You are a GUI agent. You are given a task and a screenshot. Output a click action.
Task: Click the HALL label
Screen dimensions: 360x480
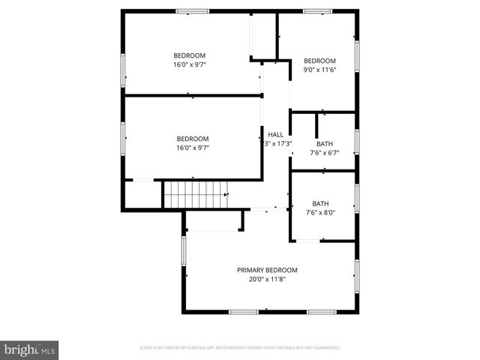(276, 134)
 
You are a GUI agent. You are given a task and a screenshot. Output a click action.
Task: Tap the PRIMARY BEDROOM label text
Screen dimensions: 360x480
(267, 270)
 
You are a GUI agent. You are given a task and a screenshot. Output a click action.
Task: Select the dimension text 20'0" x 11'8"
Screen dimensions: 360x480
(267, 279)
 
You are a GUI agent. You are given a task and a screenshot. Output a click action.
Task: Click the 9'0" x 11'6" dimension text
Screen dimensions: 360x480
(319, 70)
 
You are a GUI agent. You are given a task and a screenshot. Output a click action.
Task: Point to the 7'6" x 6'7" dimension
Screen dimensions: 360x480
(324, 153)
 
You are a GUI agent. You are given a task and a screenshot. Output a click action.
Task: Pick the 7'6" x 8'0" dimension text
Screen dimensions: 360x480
(320, 212)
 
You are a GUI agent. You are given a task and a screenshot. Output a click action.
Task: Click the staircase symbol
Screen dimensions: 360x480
(195, 193)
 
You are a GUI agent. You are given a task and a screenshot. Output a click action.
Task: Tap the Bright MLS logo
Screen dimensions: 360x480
(29, 349)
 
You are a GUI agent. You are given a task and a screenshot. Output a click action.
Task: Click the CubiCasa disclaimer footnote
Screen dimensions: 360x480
(240, 348)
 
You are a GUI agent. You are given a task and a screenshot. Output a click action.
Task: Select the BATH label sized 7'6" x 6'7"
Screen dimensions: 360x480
(324, 144)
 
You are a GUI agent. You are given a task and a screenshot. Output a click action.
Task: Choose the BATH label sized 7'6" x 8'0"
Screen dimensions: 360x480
(320, 203)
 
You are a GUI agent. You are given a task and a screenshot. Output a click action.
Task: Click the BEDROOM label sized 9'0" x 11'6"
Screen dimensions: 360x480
(319, 61)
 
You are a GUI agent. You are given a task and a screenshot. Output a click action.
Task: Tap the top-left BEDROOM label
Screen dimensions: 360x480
(189, 55)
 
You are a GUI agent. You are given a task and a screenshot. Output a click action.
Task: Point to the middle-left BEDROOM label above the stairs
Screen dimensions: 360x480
(193, 139)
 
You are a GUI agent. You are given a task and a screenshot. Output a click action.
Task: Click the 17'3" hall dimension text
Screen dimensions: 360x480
(276, 143)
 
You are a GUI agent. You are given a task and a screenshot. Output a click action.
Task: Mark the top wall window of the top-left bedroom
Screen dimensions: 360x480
(192, 11)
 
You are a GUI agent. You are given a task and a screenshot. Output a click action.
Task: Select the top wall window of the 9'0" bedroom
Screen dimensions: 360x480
(318, 11)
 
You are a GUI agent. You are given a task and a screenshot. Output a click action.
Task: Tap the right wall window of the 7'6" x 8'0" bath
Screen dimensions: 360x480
(357, 199)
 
